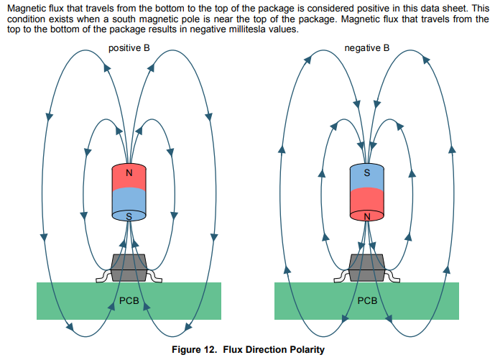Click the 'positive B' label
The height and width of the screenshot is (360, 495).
pyautogui.click(x=129, y=48)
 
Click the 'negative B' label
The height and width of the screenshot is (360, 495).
pyautogui.click(x=366, y=48)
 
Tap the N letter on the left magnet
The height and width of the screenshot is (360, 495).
pyautogui.click(x=129, y=173)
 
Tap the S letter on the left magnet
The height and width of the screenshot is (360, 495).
pyautogui.click(x=129, y=216)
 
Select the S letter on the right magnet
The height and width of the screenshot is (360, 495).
pyautogui.click(x=367, y=173)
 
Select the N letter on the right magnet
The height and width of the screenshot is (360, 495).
pyautogui.click(x=367, y=216)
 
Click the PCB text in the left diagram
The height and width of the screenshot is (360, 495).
pyautogui.click(x=129, y=300)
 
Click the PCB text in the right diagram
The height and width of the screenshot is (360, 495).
pyautogui.click(x=367, y=300)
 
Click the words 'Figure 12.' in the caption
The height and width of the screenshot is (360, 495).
pyautogui.click(x=193, y=350)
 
